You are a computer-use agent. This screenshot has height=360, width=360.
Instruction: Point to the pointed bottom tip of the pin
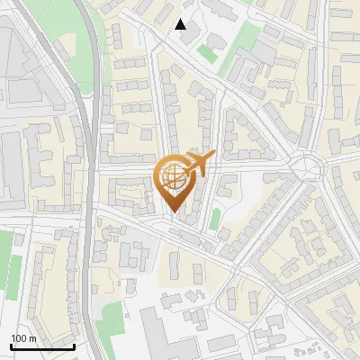click(175, 213)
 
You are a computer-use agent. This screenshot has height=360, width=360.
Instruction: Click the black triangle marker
click(181, 24)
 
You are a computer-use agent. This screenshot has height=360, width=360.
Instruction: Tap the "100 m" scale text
click(24, 338)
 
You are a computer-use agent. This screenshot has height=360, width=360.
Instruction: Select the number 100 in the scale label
click(20, 338)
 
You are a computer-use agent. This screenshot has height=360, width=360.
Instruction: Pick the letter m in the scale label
click(33, 338)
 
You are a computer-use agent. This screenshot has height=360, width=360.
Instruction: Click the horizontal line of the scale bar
click(42, 346)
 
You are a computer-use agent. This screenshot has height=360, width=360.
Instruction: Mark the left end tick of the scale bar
click(11, 345)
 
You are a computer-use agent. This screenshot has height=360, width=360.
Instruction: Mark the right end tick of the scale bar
click(74, 345)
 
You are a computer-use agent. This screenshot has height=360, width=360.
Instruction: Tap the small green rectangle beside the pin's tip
click(215, 219)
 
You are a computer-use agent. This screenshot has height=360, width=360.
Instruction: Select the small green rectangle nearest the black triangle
click(207, 53)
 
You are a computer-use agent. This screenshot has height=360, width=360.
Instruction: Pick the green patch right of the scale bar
click(111, 320)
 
